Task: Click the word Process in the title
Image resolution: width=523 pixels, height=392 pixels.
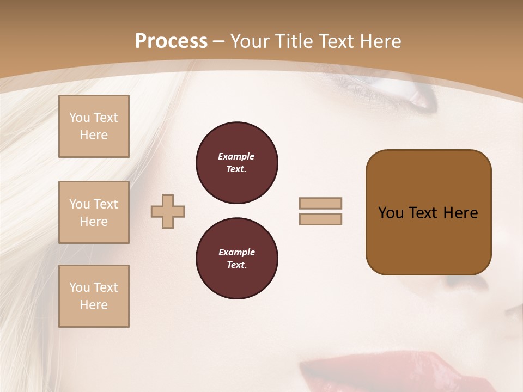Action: point(171,41)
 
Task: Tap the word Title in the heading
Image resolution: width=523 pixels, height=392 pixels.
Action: point(294,41)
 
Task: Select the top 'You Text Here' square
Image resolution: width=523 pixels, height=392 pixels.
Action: point(94,126)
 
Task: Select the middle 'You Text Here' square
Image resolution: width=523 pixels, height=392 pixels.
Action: point(94,212)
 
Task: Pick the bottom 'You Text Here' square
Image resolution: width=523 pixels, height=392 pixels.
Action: point(94,296)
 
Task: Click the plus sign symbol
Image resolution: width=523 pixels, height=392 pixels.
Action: point(168,211)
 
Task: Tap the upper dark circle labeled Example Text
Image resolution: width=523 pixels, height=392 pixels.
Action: point(237,163)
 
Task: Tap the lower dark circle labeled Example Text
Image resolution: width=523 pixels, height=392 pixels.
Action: point(237,259)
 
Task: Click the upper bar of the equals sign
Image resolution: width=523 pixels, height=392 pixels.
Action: point(320,203)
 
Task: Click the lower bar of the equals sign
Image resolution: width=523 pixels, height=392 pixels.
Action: point(320,219)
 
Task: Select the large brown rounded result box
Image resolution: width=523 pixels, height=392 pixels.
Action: point(428,240)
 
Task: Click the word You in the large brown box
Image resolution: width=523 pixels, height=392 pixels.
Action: point(391,213)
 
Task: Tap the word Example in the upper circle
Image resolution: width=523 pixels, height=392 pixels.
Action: point(236,156)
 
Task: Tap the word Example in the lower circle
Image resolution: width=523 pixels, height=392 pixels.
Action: point(236,252)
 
